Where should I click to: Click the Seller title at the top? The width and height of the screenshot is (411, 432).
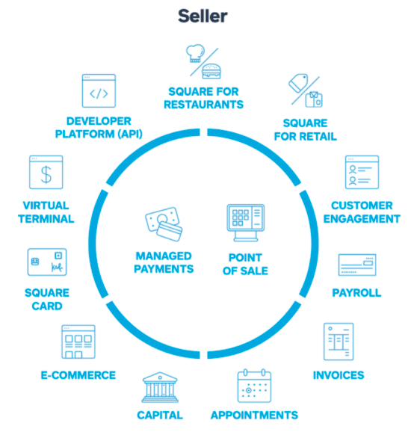(203, 16)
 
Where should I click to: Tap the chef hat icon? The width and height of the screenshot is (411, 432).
(195, 53)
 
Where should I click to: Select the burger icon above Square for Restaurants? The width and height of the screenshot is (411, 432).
(211, 71)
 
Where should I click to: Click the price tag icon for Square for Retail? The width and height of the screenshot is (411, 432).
(298, 83)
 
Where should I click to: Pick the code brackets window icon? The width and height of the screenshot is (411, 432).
(99, 90)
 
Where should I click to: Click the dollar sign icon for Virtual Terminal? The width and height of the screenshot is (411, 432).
(46, 172)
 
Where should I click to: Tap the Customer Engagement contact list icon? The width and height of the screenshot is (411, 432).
(362, 172)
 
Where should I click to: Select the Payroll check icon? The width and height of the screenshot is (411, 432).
(357, 265)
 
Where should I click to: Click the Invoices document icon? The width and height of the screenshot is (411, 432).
(339, 342)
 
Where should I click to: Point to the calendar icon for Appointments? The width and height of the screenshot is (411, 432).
(254, 386)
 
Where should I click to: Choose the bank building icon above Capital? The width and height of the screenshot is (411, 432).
(160, 387)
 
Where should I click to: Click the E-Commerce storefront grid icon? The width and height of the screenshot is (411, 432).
(78, 342)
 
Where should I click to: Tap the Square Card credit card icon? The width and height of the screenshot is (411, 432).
(47, 262)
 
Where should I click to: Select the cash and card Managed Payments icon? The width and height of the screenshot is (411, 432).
(164, 224)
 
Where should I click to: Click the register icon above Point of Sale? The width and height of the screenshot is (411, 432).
(246, 223)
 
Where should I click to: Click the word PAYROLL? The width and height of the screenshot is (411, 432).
(356, 293)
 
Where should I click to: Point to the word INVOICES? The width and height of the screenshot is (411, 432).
(339, 375)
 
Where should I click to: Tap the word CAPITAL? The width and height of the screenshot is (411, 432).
(160, 416)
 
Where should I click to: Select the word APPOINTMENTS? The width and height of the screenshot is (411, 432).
(254, 416)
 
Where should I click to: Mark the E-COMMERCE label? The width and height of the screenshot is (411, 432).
(78, 375)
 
